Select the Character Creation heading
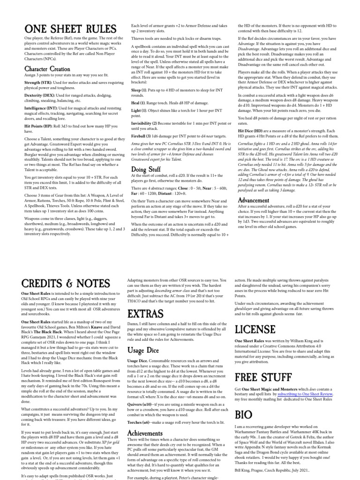(x=48, y=69)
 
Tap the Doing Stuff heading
(x=146, y=169)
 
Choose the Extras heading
(x=145, y=314)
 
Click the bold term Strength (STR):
(x=40, y=83)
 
